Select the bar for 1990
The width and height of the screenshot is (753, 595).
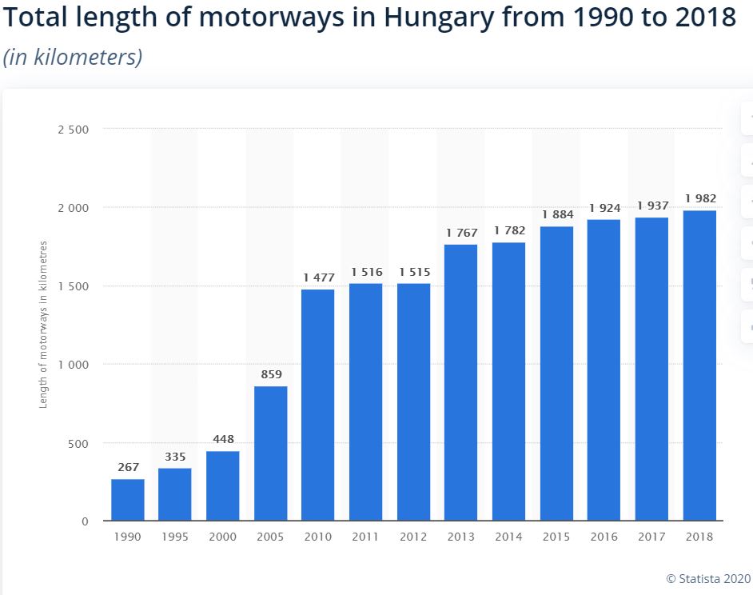click(127, 500)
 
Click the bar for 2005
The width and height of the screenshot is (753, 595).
click(270, 453)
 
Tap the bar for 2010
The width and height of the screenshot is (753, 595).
click(318, 405)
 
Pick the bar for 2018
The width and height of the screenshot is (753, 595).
click(699, 365)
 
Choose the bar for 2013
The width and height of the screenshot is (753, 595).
click(461, 382)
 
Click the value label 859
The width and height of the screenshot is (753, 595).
click(270, 373)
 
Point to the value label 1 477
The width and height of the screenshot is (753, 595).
click(318, 277)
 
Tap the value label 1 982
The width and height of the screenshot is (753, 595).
click(699, 198)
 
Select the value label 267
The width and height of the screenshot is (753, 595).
click(127, 466)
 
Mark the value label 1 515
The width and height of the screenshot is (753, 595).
click(413, 271)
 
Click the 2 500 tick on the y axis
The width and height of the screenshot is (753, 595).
click(74, 129)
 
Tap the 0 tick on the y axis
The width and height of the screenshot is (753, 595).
click(84, 521)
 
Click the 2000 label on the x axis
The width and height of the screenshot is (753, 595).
click(222, 537)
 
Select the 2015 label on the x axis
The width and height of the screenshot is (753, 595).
click(556, 537)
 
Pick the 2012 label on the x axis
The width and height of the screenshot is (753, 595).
click(413, 537)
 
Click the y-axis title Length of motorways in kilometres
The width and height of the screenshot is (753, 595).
click(44, 325)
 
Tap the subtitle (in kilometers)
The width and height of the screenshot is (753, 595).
click(73, 58)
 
